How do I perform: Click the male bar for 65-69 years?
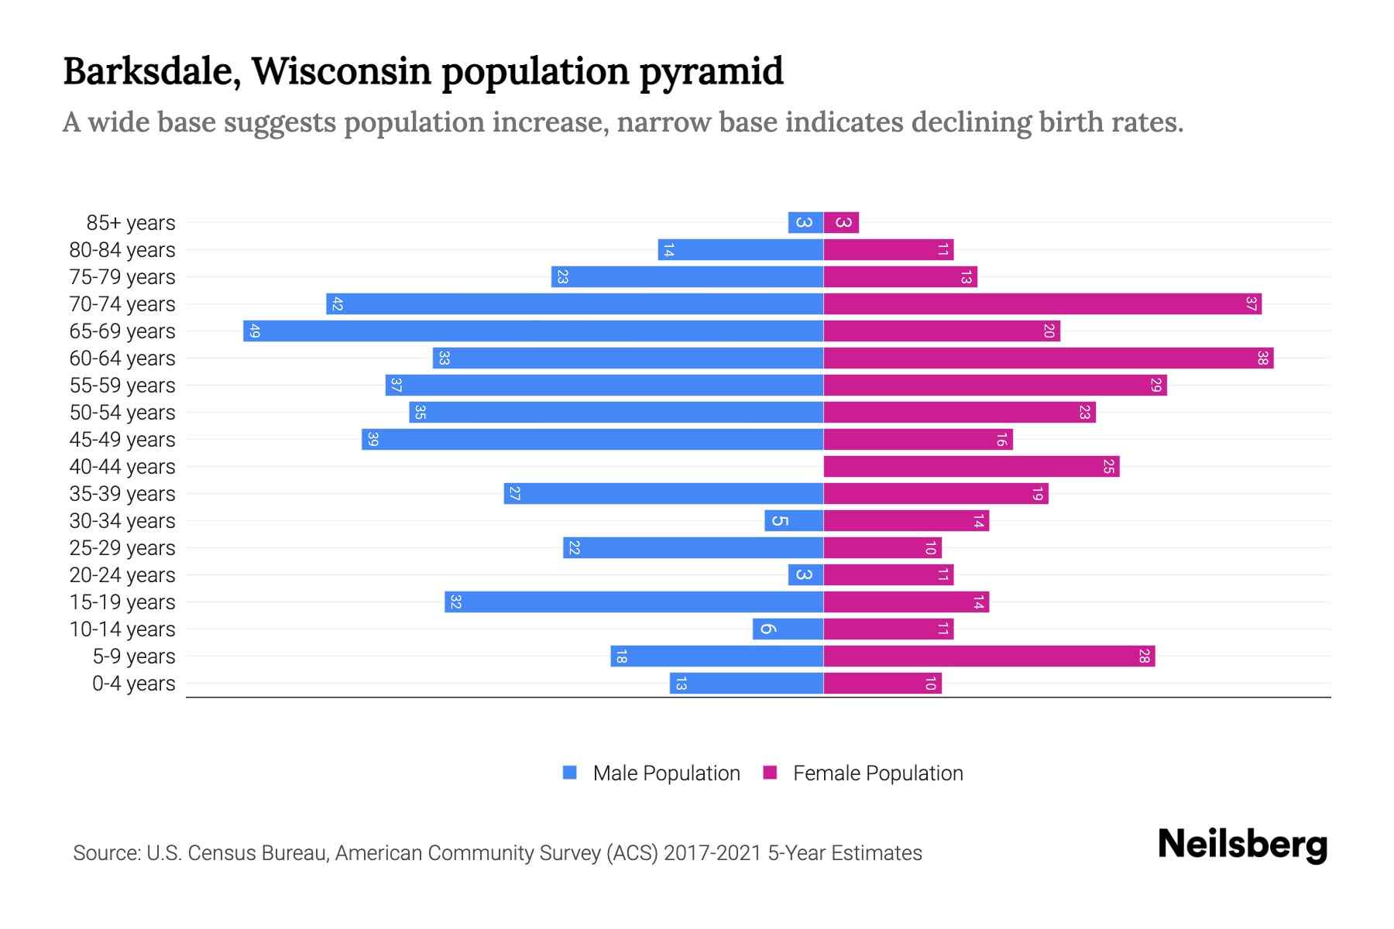point(533,331)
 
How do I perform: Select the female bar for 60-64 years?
point(1048,358)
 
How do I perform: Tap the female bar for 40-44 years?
point(971,467)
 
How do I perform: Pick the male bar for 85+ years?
point(805,223)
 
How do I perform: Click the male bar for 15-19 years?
point(633,602)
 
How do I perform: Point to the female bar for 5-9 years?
point(989,656)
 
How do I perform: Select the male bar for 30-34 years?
point(794,521)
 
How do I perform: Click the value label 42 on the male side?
point(337,304)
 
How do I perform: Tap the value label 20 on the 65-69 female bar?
point(1049,331)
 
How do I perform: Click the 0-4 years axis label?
point(133,684)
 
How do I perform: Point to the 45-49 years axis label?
point(122,440)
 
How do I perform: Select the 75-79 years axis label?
point(122,277)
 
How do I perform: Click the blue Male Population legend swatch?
point(570,773)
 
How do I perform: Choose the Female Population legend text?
point(877,773)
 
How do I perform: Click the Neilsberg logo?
point(1241,845)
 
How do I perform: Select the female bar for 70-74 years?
point(1042,304)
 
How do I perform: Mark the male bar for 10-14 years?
point(788,629)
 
